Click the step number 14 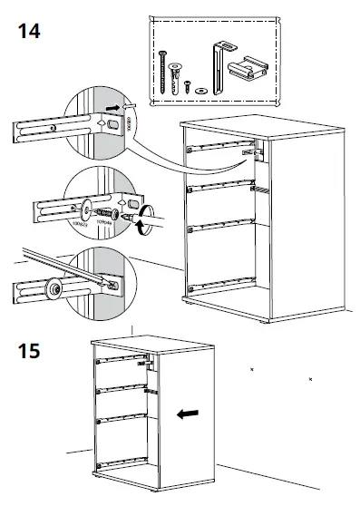point(29,31)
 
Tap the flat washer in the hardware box point(198,90)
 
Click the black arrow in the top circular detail point(112,107)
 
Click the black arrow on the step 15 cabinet point(189,414)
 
